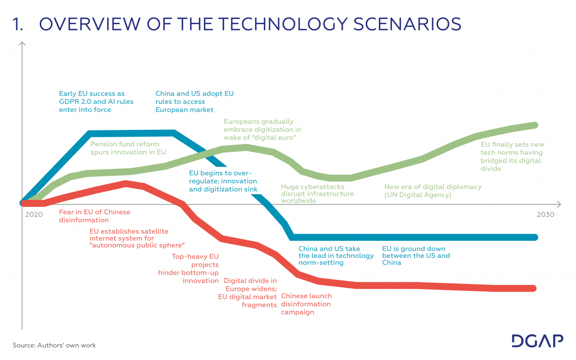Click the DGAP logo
[537, 341]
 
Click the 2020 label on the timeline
[34, 215]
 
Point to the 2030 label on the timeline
[545, 215]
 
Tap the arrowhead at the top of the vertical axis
[22, 45]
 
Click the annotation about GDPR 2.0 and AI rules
[96, 102]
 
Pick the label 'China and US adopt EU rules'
[194, 102]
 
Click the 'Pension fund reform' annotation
[128, 148]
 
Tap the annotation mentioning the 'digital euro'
[262, 129]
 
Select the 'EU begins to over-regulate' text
[223, 181]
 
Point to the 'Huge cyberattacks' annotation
[317, 193]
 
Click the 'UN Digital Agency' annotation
[433, 191]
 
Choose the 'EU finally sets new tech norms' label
[512, 156]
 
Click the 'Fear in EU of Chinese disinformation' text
[95, 216]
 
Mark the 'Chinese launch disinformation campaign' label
[306, 304]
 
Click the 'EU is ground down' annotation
[416, 256]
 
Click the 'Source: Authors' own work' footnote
[54, 345]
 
